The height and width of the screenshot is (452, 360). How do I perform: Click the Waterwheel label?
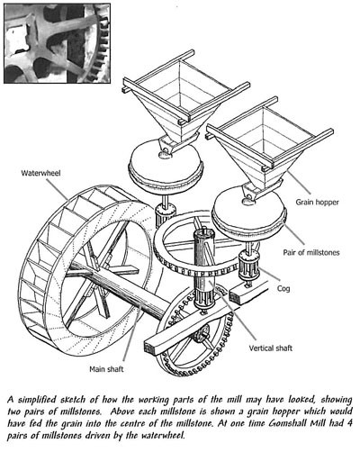click(40, 173)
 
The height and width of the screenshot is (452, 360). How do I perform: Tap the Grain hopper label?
click(317, 202)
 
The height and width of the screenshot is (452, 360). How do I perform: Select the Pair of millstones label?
click(311, 252)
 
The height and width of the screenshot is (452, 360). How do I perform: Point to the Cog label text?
click(283, 288)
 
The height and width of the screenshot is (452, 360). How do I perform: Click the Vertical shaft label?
click(270, 348)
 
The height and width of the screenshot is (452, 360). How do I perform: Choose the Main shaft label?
click(106, 369)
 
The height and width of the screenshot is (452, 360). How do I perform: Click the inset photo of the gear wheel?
click(57, 43)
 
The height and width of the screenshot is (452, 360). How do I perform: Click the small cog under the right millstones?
click(248, 267)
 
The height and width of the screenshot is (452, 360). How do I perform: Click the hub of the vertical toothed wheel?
click(202, 334)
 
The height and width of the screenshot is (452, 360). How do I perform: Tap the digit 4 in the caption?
click(348, 423)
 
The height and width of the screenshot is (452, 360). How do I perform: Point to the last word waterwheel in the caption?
click(162, 435)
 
